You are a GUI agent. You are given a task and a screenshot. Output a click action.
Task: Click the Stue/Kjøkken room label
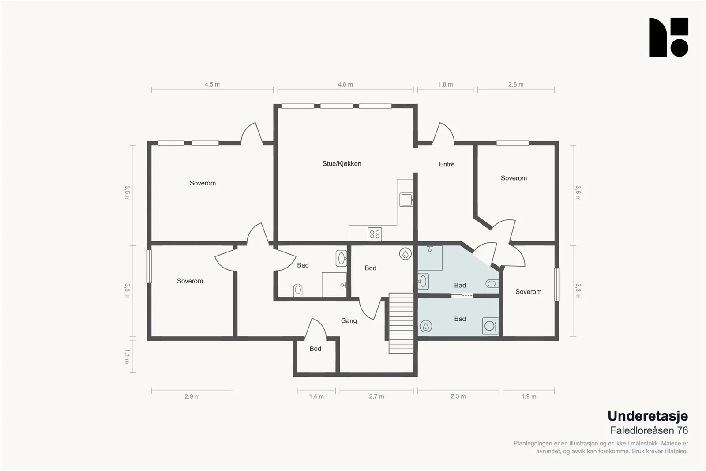pyautogui.click(x=342, y=164)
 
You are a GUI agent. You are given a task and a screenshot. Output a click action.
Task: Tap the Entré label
pyautogui.click(x=447, y=164)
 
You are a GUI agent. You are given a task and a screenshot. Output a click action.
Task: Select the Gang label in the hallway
pyautogui.click(x=349, y=321)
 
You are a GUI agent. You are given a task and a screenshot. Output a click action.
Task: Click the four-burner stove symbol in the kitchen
pyautogui.click(x=375, y=234)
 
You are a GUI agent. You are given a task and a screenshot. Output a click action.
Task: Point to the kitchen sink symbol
pyautogui.click(x=406, y=200)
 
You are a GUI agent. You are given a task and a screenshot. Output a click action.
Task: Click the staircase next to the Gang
pyautogui.click(x=401, y=323)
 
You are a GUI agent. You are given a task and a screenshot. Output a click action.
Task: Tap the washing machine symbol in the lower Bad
pyautogui.click(x=490, y=326)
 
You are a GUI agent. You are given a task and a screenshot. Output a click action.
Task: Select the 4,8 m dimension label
pyautogui.click(x=345, y=84)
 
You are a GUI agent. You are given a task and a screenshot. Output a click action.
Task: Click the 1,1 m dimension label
pyautogui.click(x=127, y=357)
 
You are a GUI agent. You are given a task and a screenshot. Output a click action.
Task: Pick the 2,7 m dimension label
pyautogui.click(x=376, y=396)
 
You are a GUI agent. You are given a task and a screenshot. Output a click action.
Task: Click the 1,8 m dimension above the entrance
pyautogui.click(x=445, y=84)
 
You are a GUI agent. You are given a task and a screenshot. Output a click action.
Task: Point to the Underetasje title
pyautogui.click(x=648, y=416)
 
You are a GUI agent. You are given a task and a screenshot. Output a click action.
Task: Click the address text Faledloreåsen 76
pyautogui.click(x=649, y=430)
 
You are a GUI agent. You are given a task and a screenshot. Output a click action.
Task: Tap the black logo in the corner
pyautogui.click(x=668, y=37)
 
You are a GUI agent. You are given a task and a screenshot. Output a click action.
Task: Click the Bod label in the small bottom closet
pyautogui.click(x=315, y=349)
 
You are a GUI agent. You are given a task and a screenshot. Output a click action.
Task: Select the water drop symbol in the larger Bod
pyautogui.click(x=406, y=254)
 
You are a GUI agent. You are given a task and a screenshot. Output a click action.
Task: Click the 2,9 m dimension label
pyautogui.click(x=192, y=396)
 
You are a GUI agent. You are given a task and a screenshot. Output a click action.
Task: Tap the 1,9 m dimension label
pyautogui.click(x=529, y=396)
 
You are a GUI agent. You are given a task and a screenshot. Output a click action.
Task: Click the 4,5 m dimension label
pyautogui.click(x=212, y=84)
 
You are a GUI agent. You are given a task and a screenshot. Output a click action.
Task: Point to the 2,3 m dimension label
pyautogui.click(x=458, y=396)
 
